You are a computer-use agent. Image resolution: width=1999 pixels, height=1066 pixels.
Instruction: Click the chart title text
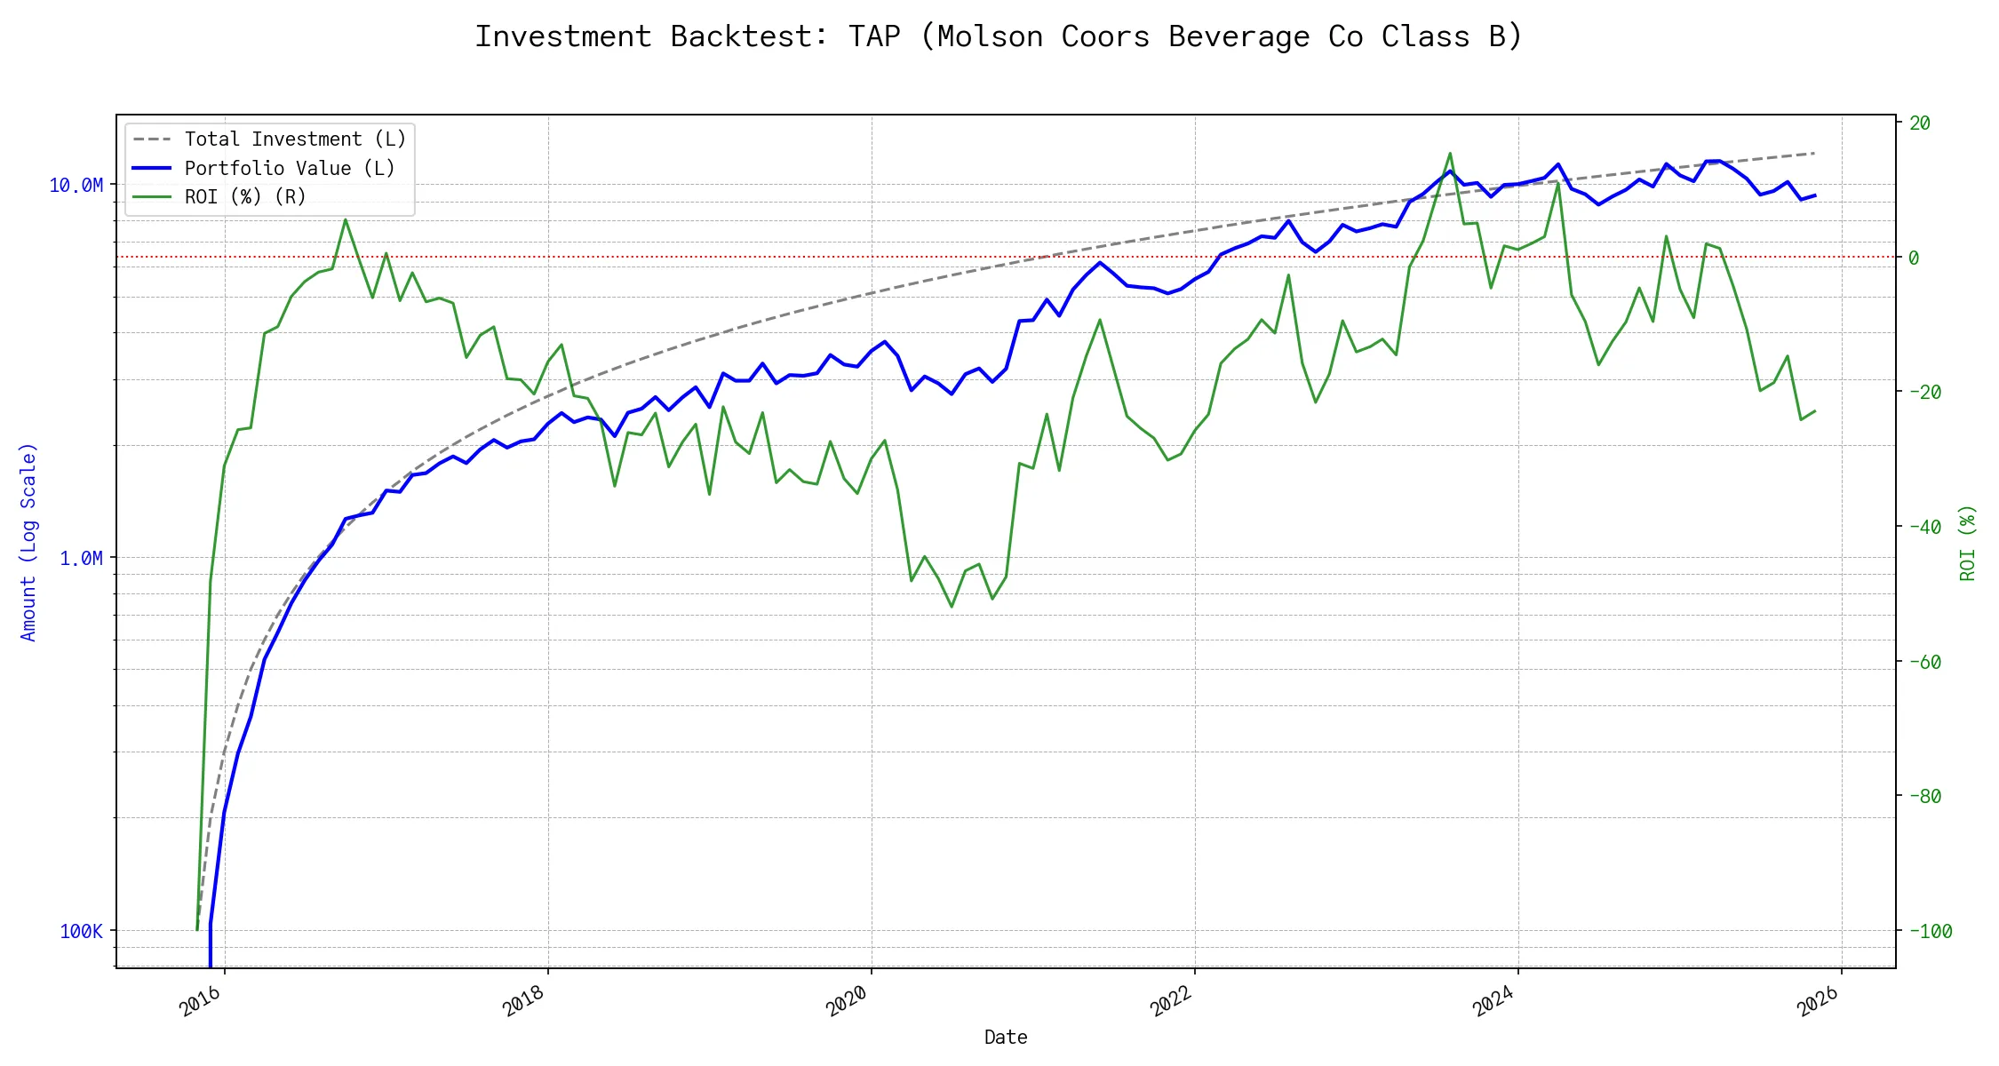point(999,36)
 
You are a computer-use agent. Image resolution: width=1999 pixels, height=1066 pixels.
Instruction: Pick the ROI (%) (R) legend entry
point(245,197)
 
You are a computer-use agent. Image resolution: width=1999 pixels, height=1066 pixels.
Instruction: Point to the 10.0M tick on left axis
point(76,185)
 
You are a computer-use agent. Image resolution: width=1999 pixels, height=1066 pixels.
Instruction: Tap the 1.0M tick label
point(81,558)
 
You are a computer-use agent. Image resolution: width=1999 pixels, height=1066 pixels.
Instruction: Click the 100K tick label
point(82,931)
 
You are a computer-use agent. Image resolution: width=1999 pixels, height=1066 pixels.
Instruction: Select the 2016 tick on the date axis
point(201,1001)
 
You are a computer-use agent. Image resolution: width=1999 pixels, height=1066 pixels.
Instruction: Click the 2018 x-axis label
point(524,1001)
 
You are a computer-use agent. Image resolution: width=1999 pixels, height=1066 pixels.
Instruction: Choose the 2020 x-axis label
point(848,1001)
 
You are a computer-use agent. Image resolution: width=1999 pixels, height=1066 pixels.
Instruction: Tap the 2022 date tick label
point(1171,1001)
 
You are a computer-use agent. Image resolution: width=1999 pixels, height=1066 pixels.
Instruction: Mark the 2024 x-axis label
point(1494,1001)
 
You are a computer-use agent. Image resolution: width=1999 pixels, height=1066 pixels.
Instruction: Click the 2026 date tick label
point(1818,1001)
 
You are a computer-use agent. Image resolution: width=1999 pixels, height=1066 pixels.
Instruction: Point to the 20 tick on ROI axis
point(1920,123)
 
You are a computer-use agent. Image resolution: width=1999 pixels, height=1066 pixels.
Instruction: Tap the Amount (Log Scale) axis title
point(28,542)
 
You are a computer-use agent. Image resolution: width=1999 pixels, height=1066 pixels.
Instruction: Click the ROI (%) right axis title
point(1968,542)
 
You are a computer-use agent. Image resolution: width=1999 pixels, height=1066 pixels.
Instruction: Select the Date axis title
point(1006,1038)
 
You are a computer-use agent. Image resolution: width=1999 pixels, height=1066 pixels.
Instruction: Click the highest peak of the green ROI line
point(1450,154)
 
